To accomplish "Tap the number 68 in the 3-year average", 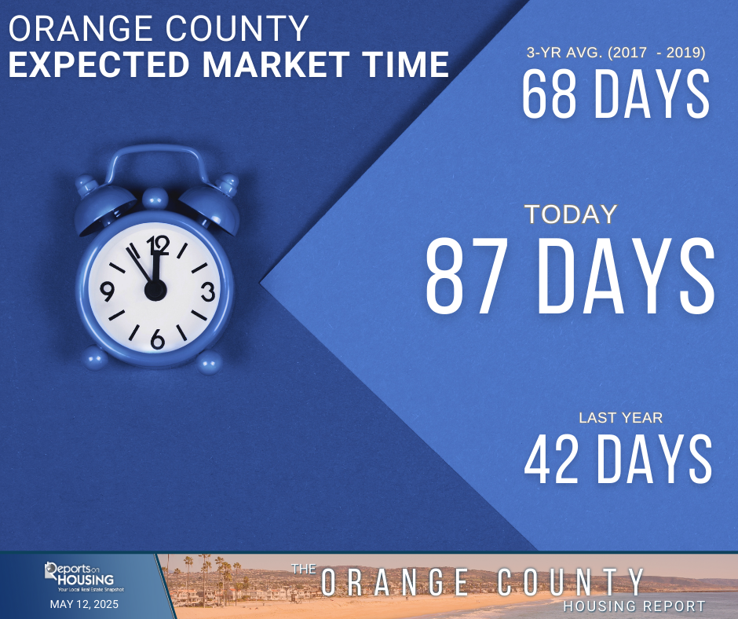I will pos(548,95).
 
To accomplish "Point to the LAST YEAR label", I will pos(620,418).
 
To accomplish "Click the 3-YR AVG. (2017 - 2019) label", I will pos(616,54).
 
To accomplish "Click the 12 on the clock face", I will pos(158,246).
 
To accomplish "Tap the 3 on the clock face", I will pos(208,292).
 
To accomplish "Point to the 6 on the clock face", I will pos(157,339).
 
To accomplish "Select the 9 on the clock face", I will pos(108,292).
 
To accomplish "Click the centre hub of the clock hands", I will pos(155,290).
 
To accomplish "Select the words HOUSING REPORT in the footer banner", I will pos(633,606).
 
